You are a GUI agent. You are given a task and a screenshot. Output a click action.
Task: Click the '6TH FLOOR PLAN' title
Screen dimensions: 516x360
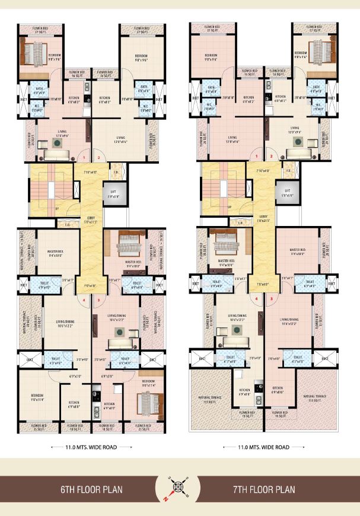(88, 489)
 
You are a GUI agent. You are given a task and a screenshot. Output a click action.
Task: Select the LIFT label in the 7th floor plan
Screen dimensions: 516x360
(286, 191)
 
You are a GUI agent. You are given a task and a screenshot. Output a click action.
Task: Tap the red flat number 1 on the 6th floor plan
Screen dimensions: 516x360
(84, 157)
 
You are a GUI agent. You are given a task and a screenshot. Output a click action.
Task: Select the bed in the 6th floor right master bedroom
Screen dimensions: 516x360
(126, 242)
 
